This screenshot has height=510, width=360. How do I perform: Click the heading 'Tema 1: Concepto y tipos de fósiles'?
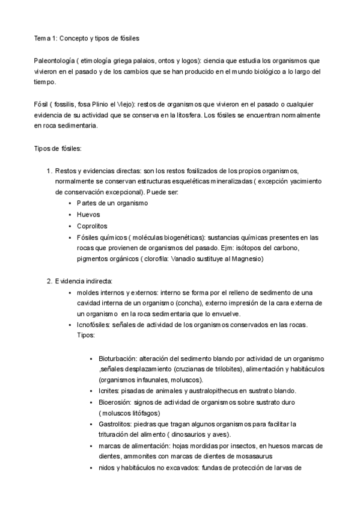point(87,38)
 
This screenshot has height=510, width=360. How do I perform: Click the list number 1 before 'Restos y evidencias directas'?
point(49,171)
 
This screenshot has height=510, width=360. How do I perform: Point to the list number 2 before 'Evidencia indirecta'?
point(49,281)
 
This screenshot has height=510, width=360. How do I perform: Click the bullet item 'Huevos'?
point(88,215)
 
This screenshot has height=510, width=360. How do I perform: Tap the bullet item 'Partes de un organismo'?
point(112,203)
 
